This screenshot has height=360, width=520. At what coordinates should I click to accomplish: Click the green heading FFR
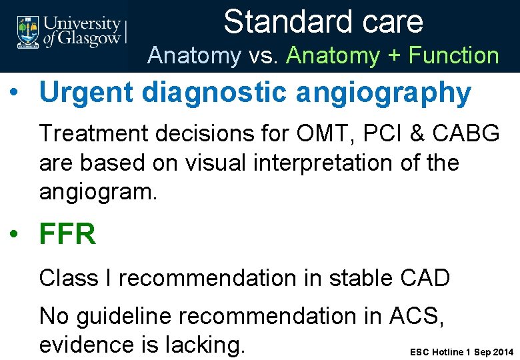pyautogui.click(x=67, y=235)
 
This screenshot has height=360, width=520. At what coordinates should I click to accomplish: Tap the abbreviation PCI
pyautogui.click(x=369, y=133)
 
